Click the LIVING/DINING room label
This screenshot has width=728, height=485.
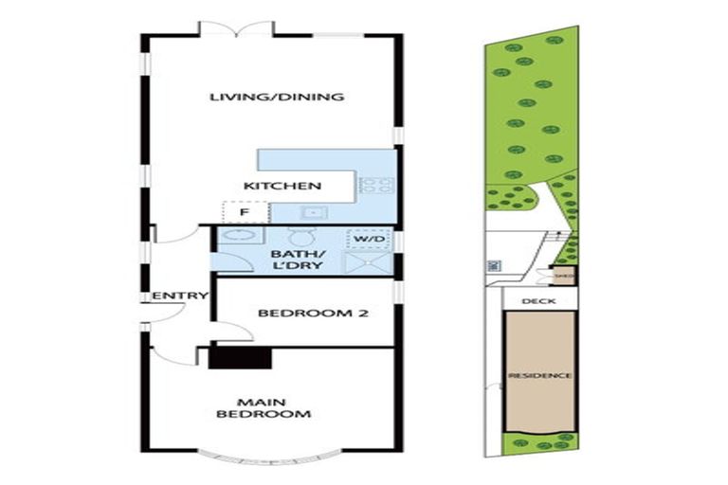click(x=276, y=97)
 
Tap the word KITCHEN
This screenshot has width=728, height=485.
click(x=282, y=186)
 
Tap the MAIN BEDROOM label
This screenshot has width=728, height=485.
click(x=264, y=408)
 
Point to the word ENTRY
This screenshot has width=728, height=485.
click(x=180, y=296)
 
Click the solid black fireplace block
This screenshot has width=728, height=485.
click(x=240, y=356)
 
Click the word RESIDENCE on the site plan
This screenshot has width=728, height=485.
click(x=539, y=376)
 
